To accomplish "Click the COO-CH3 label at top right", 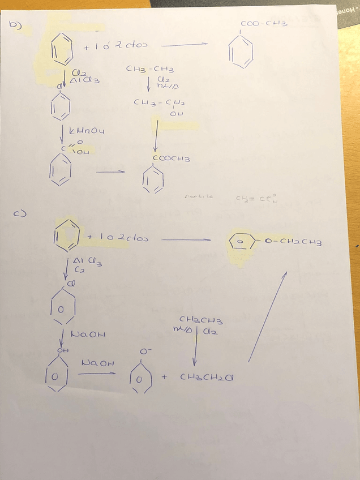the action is coord(264,24).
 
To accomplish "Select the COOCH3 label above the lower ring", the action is coord(170,159).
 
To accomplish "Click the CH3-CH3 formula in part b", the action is coord(150,70).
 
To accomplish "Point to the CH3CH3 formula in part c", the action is coord(201,320).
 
